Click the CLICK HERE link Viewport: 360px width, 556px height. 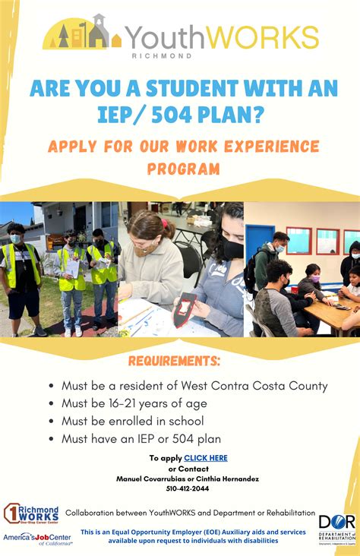[x=205, y=458]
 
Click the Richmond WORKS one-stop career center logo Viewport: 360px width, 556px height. [x=31, y=514]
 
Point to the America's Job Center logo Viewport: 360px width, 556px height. [x=37, y=539]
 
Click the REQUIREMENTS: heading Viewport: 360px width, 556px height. [x=174, y=360]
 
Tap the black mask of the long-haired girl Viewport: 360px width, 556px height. [x=233, y=250]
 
